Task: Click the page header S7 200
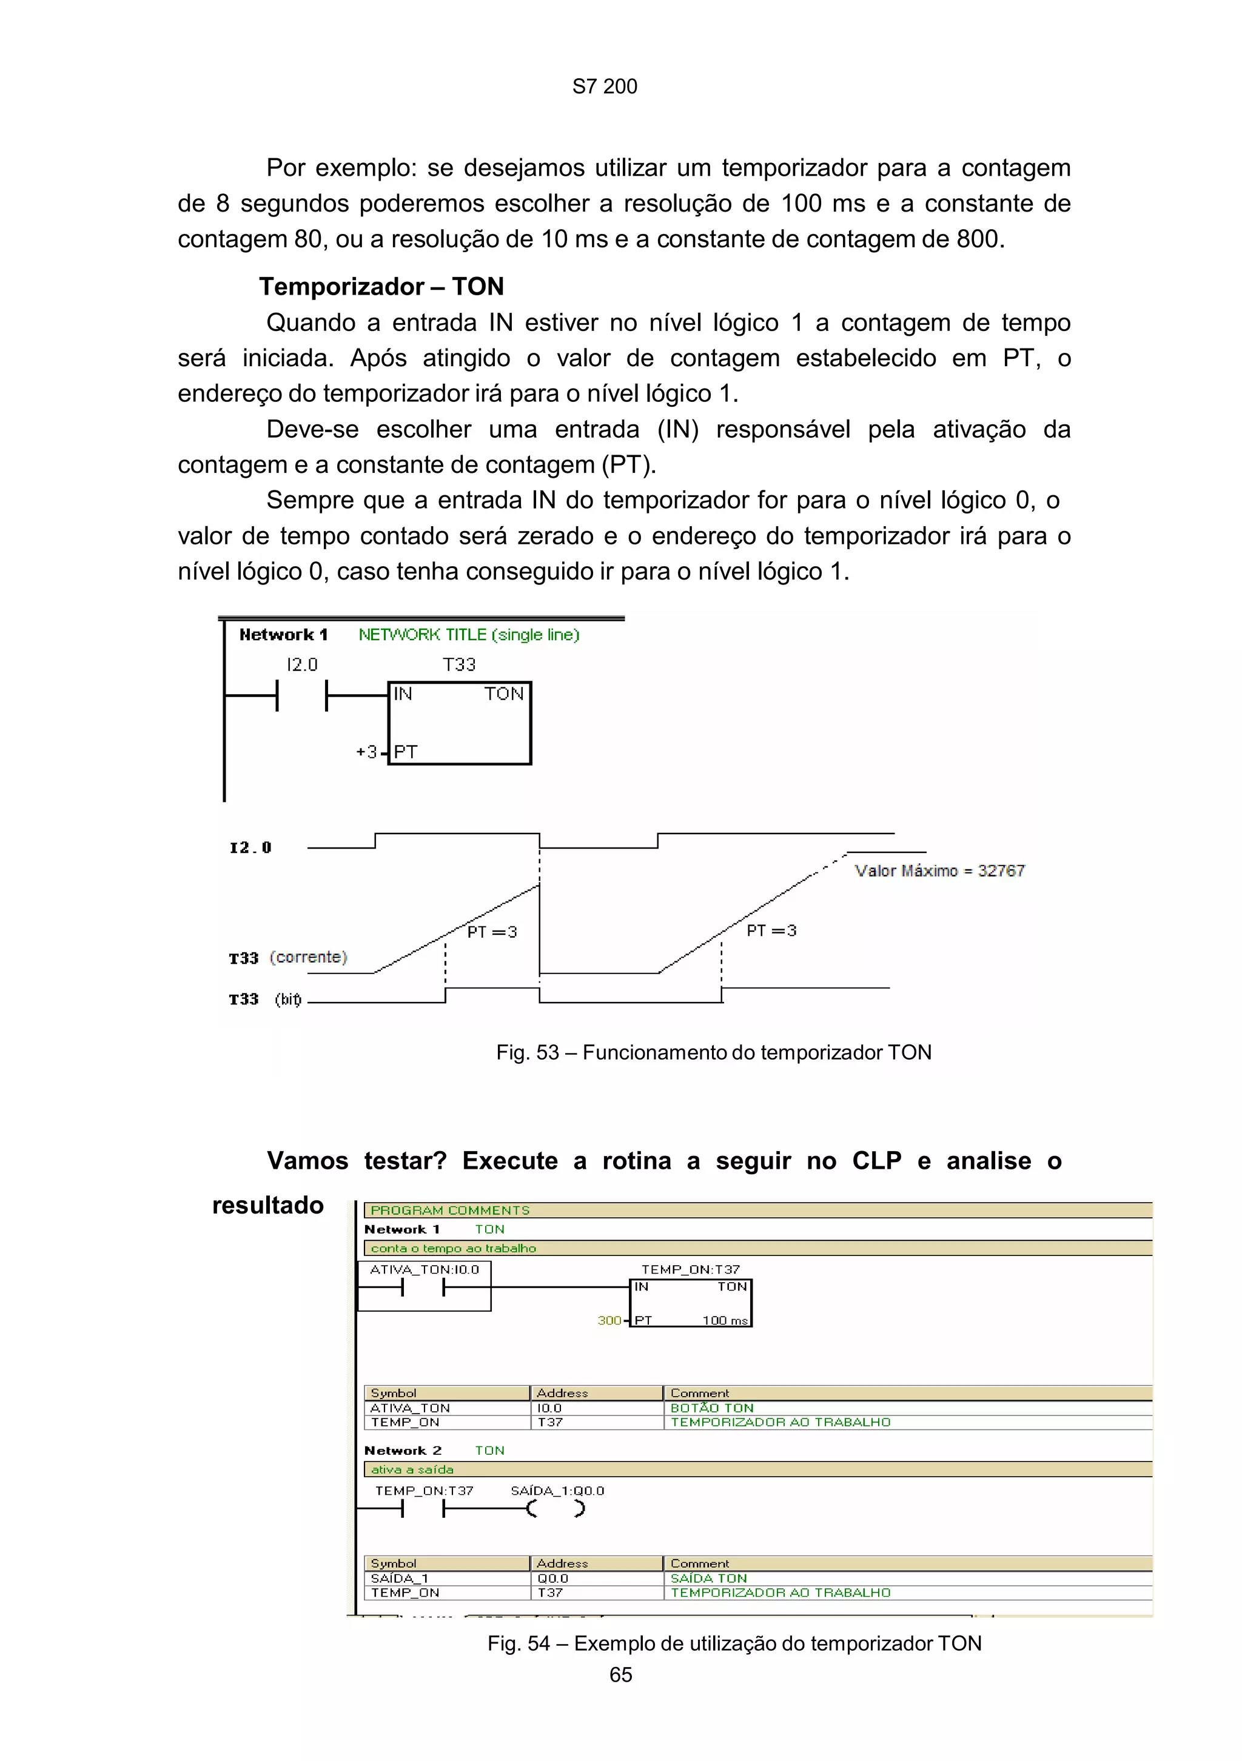(604, 87)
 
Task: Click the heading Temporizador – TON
(381, 286)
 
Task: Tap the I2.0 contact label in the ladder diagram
(301, 664)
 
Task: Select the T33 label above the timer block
(458, 664)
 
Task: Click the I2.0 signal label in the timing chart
(250, 847)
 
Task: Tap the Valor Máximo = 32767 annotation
(939, 870)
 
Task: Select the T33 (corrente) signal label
(287, 957)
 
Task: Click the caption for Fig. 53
(713, 1052)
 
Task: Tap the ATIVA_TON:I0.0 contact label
(425, 1269)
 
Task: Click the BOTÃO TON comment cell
(711, 1408)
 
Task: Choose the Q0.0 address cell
(552, 1579)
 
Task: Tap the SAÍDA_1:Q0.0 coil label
(557, 1491)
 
